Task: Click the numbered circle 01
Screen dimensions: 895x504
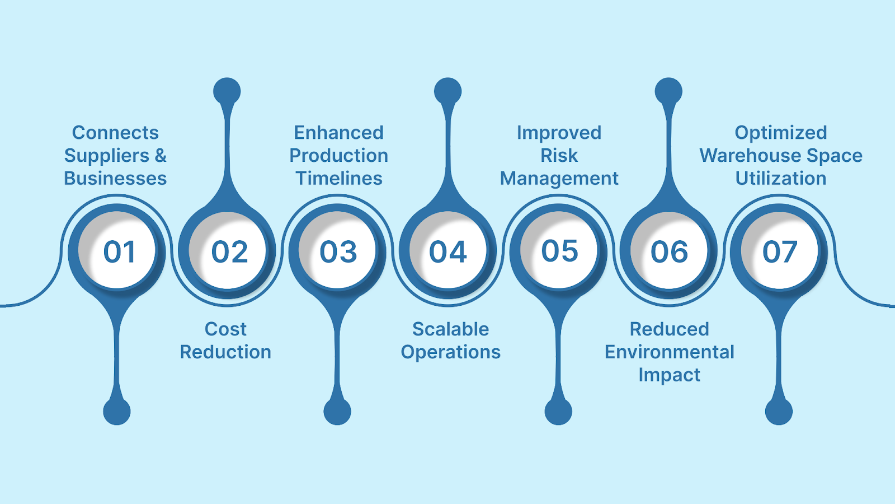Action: coord(117,251)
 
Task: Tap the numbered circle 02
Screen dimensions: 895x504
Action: coord(227,251)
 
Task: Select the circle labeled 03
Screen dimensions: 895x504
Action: coord(337,251)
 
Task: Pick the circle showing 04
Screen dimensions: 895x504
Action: coord(448,251)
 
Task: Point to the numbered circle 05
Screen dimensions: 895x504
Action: coord(559,251)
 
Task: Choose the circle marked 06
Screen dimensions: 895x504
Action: coord(669,251)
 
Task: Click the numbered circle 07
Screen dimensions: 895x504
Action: coord(779,251)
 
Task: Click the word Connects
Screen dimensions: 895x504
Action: coord(115,133)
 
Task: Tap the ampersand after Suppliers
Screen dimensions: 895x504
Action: coord(161,156)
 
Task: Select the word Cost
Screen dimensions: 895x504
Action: coord(225,329)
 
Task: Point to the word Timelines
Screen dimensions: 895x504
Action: coord(339,179)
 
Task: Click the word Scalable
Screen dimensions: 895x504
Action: coord(451,329)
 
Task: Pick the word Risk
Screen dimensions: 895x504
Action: coord(559,156)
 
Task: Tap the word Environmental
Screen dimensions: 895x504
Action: coord(669,352)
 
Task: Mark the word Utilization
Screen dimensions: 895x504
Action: coord(781,179)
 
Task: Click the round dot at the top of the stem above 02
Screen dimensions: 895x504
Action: coord(227,91)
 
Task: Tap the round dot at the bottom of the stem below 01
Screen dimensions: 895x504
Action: coord(117,411)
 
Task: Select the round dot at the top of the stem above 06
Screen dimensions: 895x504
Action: coord(668,91)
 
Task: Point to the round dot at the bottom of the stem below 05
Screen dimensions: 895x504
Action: coord(558,411)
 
